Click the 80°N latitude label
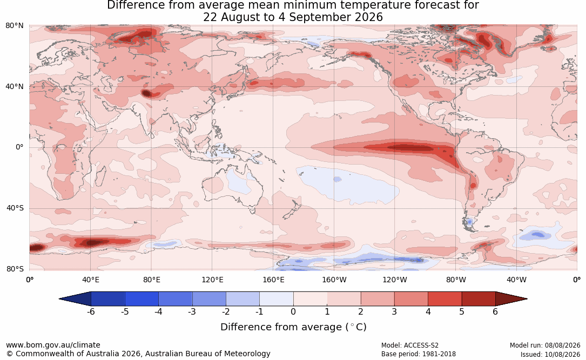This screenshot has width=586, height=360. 14,26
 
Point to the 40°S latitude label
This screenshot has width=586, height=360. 15,208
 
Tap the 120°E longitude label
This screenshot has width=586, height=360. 212,280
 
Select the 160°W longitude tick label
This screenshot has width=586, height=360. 334,280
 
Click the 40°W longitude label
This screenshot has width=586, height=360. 516,280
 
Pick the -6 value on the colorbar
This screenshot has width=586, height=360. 90,311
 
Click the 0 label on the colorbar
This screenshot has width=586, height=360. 293,311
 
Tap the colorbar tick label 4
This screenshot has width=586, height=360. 428,311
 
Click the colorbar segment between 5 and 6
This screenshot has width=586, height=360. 479,299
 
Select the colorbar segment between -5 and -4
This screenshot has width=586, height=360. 142,299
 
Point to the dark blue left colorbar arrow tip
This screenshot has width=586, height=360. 59,299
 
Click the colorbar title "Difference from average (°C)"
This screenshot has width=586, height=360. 293,327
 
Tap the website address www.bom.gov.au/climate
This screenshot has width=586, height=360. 53,345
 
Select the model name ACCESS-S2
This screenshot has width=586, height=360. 421,345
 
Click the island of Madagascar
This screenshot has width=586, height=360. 99,175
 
